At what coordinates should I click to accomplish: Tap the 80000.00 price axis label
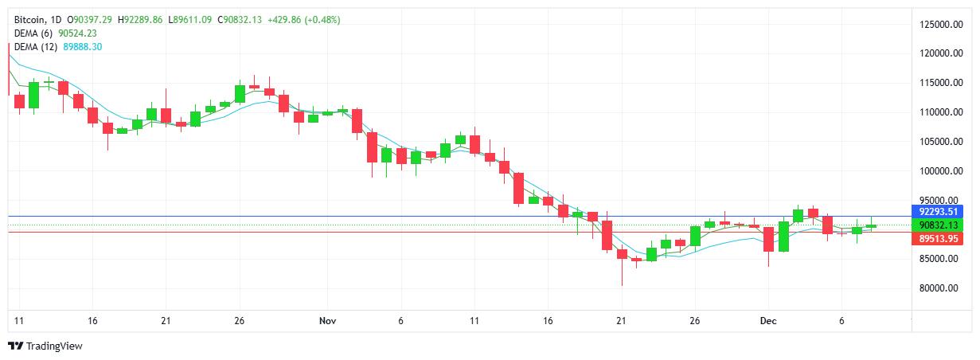tap(939, 288)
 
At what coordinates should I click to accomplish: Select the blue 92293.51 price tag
tap(937, 212)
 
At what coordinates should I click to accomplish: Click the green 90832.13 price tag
tap(937, 225)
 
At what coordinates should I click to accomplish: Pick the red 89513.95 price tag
tap(937, 238)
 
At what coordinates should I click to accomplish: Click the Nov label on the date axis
tap(327, 320)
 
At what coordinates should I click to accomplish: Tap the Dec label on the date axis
tap(768, 320)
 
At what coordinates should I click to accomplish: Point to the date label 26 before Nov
tap(239, 320)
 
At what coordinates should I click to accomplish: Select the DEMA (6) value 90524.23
tap(78, 33)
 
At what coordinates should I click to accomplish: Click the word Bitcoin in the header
tap(30, 19)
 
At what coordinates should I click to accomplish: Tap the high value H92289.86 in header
tap(140, 19)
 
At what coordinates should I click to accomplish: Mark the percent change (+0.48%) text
tap(318, 19)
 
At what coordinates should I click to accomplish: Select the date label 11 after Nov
tap(474, 320)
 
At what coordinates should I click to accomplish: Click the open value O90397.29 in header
tap(90, 19)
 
